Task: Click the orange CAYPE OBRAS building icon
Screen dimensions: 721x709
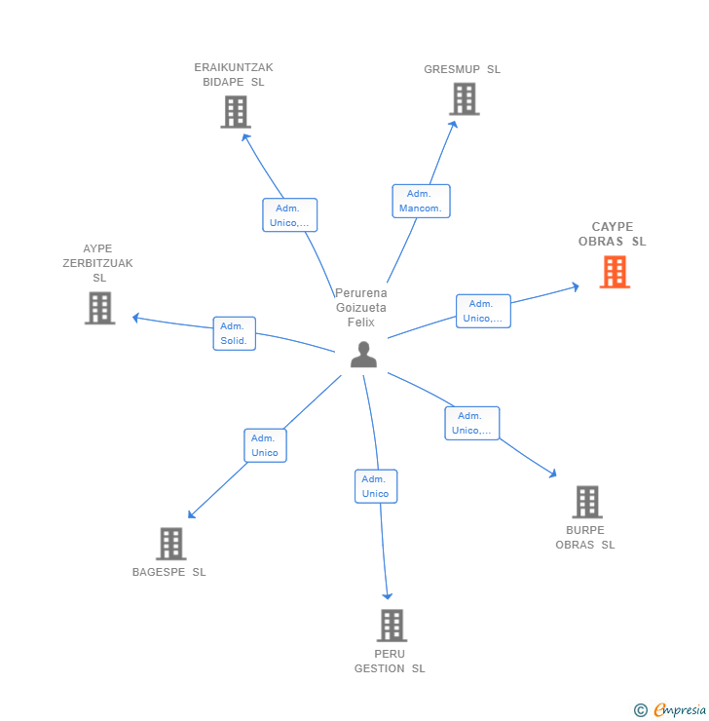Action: [615, 272]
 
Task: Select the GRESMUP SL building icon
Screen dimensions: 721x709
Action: [465, 99]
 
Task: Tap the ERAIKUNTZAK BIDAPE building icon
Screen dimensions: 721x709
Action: [235, 112]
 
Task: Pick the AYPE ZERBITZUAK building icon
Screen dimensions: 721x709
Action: [99, 308]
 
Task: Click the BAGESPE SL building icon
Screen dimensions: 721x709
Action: [170, 544]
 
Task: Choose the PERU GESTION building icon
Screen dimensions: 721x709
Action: [391, 626]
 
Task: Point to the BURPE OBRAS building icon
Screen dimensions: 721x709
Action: [586, 502]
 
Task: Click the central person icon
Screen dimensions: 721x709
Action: [363, 355]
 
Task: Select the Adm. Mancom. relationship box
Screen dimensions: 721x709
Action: [421, 201]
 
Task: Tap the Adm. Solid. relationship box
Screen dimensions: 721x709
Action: [234, 333]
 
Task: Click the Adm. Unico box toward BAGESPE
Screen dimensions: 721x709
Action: [265, 445]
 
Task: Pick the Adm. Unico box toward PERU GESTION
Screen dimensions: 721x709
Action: [376, 486]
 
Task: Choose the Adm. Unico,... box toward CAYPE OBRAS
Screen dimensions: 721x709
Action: [483, 311]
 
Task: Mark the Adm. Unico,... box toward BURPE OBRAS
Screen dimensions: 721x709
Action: [472, 423]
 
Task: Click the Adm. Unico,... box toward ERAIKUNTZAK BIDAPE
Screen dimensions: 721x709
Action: [289, 215]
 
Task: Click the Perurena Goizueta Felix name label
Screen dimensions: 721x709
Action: [360, 307]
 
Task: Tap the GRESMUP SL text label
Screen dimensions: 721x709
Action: [462, 69]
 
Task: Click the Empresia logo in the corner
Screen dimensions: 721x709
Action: [671, 709]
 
